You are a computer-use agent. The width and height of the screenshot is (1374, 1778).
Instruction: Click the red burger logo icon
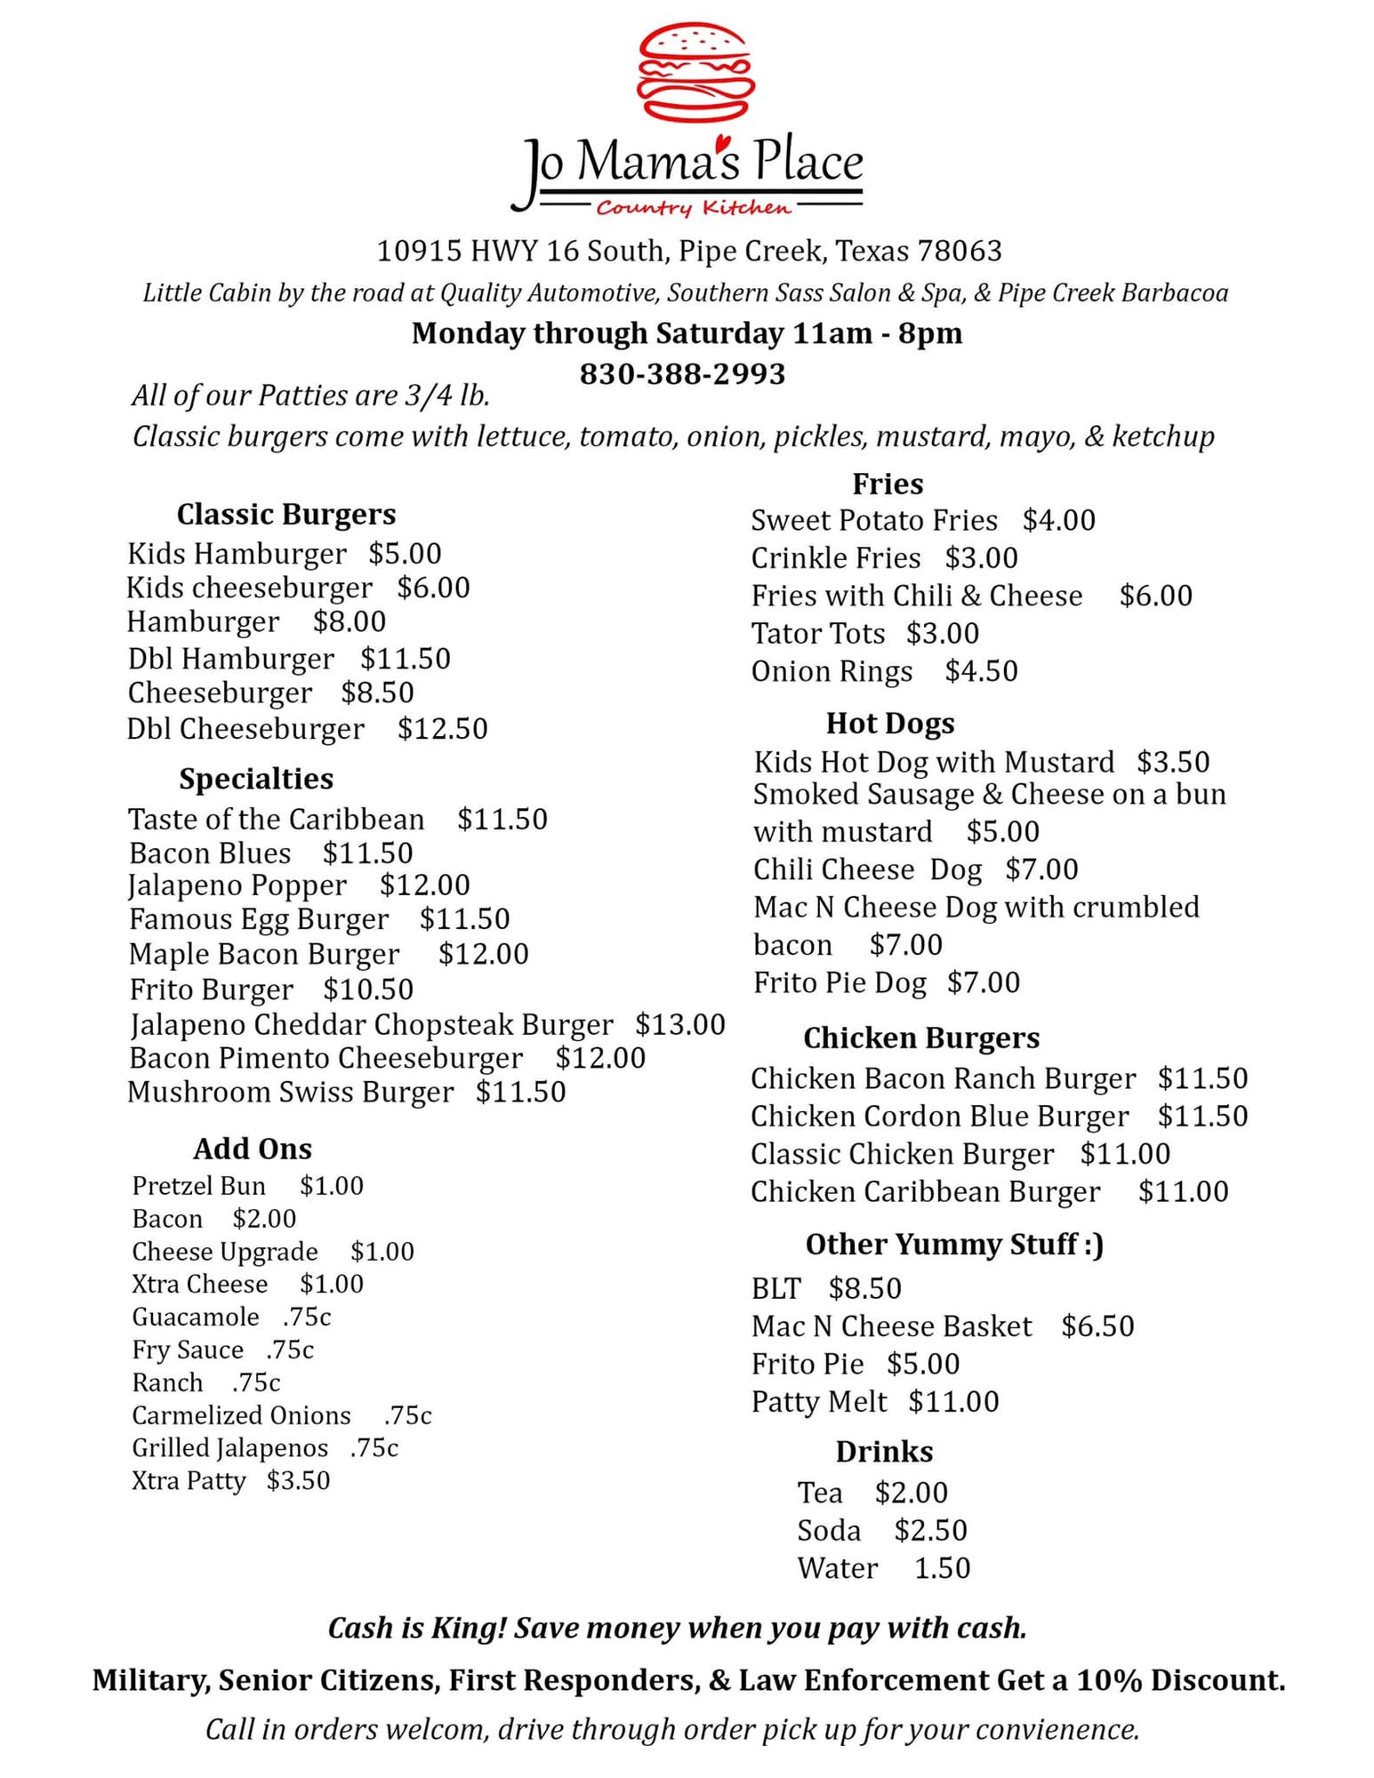pos(696,72)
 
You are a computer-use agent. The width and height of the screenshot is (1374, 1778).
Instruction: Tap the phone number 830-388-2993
pos(682,373)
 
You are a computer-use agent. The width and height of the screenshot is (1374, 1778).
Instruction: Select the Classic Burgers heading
pos(286,514)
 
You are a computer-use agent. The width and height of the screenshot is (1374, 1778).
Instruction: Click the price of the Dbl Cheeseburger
pos(443,729)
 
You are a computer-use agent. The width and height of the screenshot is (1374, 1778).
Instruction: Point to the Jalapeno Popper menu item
pos(237,885)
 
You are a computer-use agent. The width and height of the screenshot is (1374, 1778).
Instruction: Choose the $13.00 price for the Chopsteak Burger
pos(680,1024)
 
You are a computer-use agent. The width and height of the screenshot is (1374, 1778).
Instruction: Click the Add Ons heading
pos(253,1149)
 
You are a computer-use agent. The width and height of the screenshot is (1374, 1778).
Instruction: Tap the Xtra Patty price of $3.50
pos(298,1480)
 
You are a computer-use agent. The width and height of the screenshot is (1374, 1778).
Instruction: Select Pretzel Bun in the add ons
pos(198,1186)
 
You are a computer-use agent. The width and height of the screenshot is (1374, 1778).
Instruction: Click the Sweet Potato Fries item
pos(874,520)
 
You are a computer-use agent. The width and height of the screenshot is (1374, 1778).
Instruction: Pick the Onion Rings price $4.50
pos(981,671)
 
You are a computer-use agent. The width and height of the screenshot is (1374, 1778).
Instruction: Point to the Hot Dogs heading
pos(890,723)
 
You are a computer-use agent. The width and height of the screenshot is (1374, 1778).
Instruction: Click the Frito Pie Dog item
pos(840,982)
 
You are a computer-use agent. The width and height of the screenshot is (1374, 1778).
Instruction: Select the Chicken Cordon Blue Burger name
pos(940,1116)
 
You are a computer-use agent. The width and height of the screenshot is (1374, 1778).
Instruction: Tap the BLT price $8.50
pos(864,1288)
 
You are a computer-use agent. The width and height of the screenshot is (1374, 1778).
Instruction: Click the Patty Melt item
pos(819,1401)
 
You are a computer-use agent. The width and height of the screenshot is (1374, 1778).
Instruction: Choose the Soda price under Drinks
pos(930,1530)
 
